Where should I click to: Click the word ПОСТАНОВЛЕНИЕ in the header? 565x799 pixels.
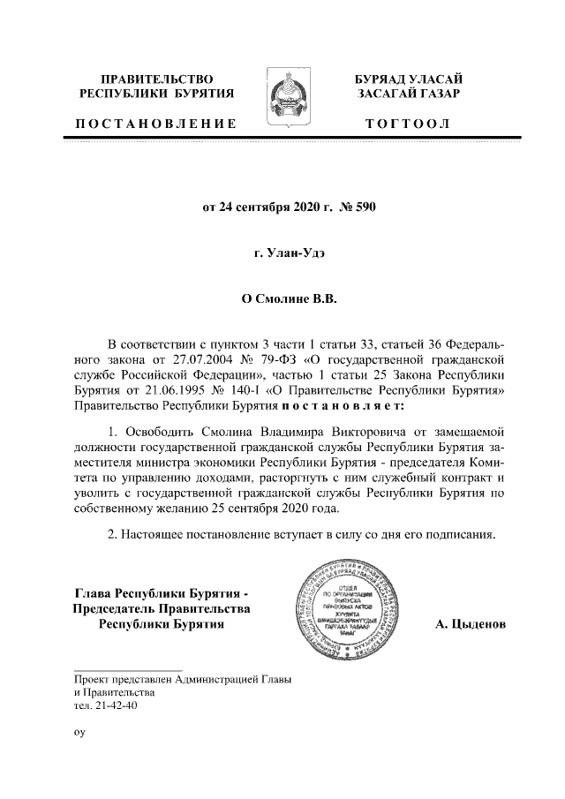click(157, 124)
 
